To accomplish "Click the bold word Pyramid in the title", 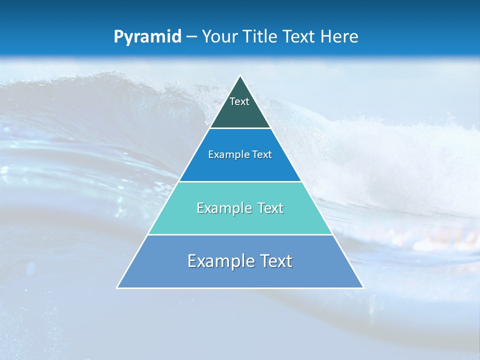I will (x=147, y=37).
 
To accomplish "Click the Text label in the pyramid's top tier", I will (x=239, y=101).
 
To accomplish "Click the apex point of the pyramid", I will (x=240, y=76).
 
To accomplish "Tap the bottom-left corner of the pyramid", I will (x=117, y=288).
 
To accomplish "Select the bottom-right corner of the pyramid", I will (x=363, y=288).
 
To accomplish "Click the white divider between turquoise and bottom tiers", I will (x=240, y=235).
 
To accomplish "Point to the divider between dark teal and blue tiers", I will (x=240, y=128).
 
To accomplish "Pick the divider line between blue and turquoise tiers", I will (x=240, y=181).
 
